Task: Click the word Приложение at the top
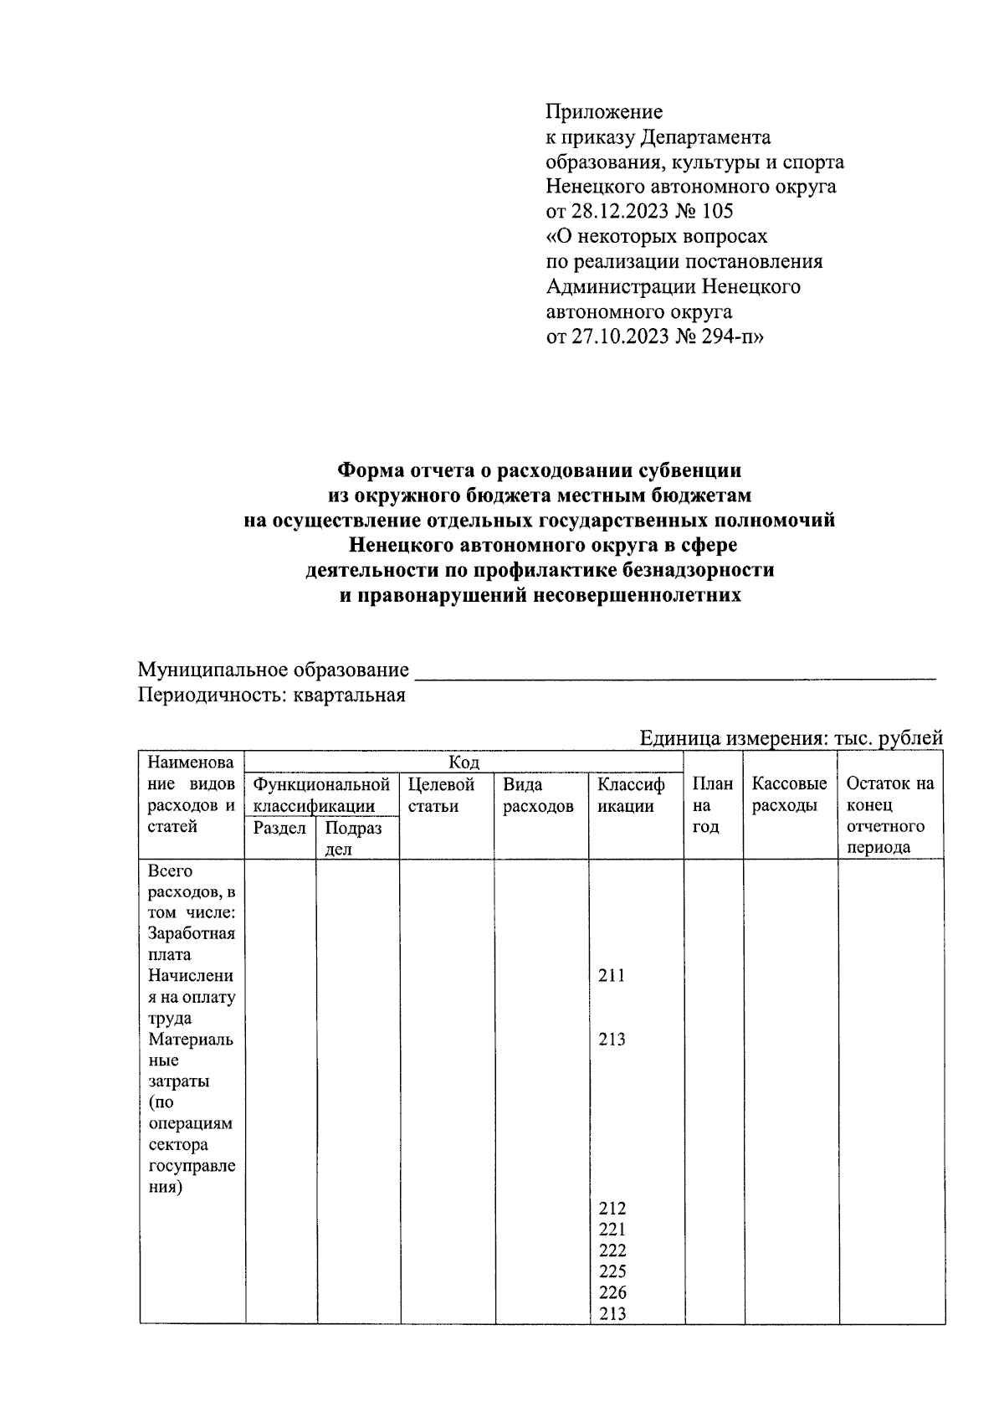(x=603, y=112)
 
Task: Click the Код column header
(x=464, y=762)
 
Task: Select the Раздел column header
(x=279, y=829)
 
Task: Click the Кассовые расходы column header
(x=789, y=795)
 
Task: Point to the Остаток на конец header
(x=889, y=795)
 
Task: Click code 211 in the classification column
(x=612, y=976)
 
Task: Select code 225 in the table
(x=612, y=1272)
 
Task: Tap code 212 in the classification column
(x=612, y=1209)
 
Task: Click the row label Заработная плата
(x=191, y=944)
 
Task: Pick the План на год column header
(x=712, y=805)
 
